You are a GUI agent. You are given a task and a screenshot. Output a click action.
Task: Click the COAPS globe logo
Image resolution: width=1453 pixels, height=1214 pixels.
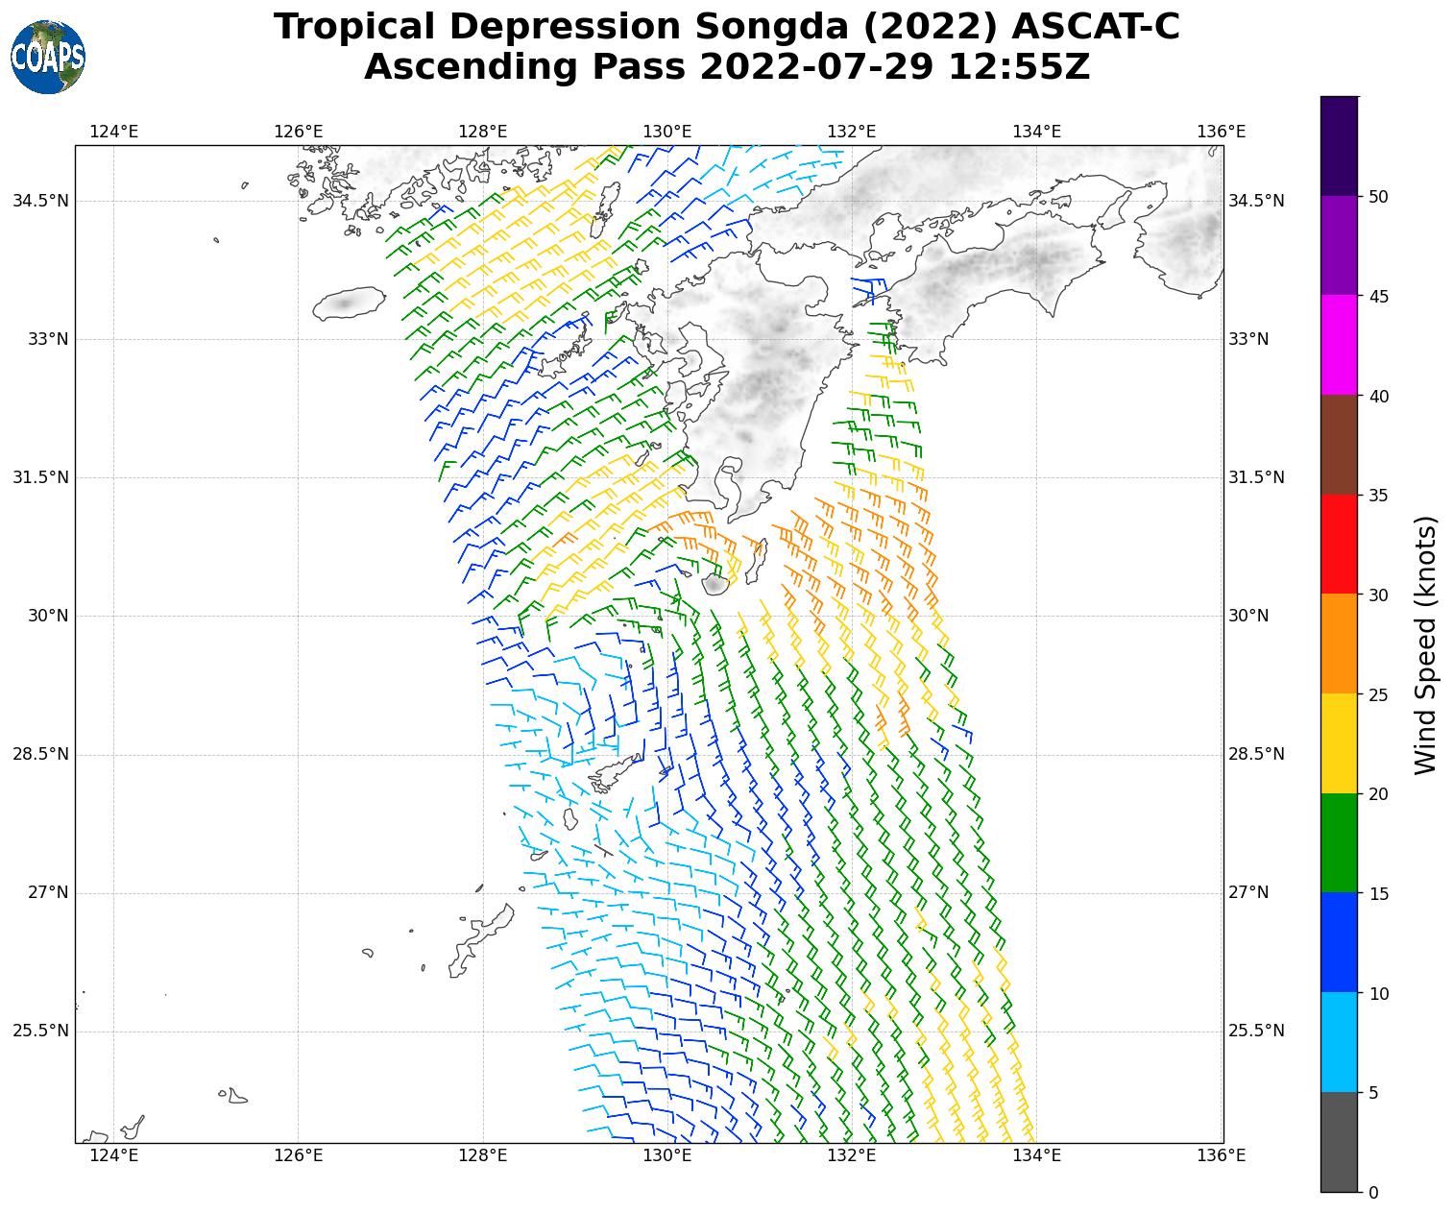coord(48,58)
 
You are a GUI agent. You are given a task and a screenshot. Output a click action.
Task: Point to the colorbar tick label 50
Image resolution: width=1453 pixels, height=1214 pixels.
coord(1378,197)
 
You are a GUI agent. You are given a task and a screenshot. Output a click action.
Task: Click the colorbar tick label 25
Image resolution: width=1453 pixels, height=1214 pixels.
coord(1378,694)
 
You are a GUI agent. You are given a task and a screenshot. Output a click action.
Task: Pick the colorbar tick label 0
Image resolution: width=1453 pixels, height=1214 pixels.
coord(1373,1192)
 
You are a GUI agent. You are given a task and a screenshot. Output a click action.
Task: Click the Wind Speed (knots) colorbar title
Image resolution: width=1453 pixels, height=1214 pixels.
coord(1427,644)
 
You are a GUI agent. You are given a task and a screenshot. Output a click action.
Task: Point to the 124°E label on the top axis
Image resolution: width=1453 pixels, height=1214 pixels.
coord(113,132)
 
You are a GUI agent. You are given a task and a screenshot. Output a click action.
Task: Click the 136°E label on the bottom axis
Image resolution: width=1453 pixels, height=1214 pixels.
coord(1223,1154)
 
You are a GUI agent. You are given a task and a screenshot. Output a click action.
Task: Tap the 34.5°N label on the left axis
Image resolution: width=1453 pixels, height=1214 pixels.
coord(40,201)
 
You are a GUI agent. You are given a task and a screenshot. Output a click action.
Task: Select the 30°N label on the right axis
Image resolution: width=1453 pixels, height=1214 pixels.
coord(1248,616)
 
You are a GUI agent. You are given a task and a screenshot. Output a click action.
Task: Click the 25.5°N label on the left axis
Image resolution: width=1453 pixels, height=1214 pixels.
coord(40,1031)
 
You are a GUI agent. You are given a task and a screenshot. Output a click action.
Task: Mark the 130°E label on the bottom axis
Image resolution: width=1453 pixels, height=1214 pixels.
coord(667,1154)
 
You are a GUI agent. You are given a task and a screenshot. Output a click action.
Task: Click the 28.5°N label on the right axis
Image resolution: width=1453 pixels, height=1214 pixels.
coord(1256,754)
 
